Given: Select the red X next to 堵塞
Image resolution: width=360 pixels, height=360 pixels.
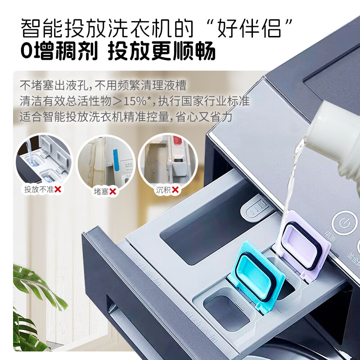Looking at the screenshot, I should click(x=113, y=192).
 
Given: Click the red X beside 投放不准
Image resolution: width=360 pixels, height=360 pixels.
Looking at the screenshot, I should click(x=58, y=189).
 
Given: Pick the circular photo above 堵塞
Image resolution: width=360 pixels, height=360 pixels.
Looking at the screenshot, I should click(x=107, y=161).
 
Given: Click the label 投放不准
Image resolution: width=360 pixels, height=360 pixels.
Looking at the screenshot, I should click(x=39, y=189).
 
